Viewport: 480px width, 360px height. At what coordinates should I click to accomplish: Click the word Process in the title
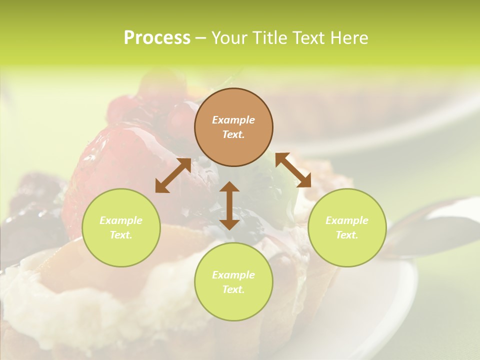[157, 38]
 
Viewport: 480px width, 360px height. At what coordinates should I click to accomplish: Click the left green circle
[121, 227]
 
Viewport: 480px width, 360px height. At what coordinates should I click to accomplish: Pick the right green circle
[347, 227]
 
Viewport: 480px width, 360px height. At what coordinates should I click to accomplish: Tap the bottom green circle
[233, 281]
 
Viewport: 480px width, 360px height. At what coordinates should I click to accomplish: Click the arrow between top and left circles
[173, 175]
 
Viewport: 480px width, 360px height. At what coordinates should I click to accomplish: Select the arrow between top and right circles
[293, 170]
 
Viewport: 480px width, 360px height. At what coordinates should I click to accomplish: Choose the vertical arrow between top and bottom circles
[229, 205]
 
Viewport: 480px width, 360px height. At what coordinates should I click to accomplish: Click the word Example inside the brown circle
[233, 120]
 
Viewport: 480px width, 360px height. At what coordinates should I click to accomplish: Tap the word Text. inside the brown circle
[233, 134]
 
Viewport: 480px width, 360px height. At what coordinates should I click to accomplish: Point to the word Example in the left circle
[121, 220]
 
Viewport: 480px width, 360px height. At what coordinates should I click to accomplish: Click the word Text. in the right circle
[347, 235]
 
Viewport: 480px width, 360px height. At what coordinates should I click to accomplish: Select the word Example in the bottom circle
[233, 275]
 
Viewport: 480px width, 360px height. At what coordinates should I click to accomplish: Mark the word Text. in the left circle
[121, 235]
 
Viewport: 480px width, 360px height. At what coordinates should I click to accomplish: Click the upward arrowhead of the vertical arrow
[229, 187]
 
